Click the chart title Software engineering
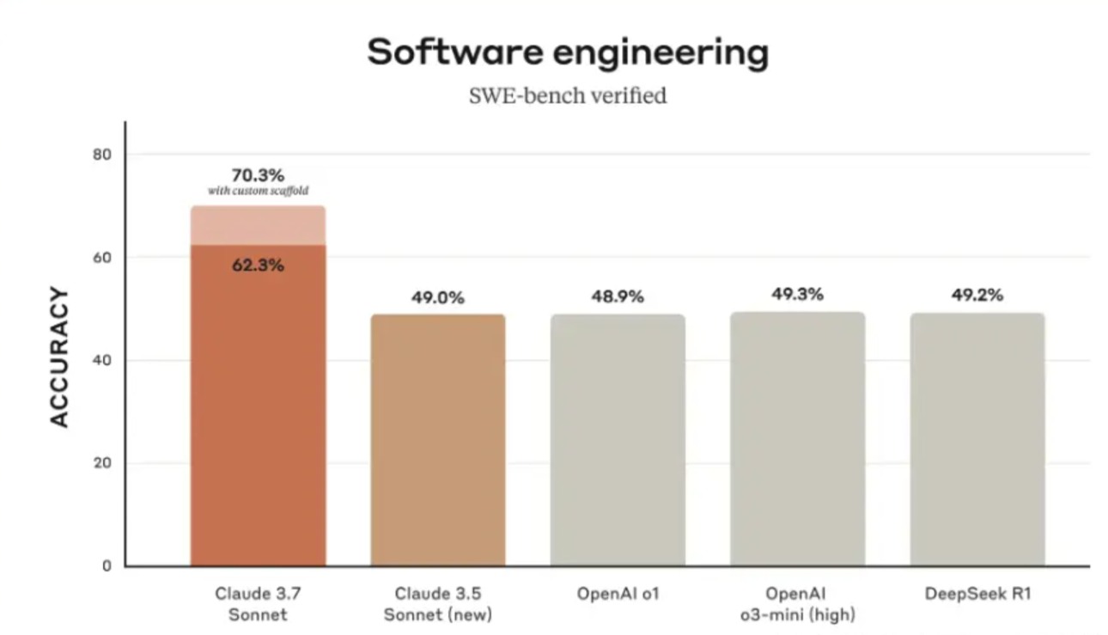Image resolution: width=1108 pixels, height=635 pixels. tap(567, 53)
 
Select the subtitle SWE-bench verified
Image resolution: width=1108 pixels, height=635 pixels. tap(567, 95)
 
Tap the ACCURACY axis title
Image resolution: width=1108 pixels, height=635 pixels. tap(58, 357)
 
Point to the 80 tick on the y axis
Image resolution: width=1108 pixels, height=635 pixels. tap(103, 155)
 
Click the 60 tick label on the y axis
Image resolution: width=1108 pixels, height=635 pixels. tap(103, 258)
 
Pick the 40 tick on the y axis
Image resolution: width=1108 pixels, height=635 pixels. tap(103, 360)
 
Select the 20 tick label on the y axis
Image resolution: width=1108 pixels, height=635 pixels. tap(103, 463)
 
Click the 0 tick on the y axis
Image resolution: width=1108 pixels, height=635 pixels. tap(107, 566)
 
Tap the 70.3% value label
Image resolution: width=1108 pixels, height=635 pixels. tap(258, 175)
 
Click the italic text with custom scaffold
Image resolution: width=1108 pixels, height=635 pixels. tap(258, 190)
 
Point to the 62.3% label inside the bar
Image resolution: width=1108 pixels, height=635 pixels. tap(258, 266)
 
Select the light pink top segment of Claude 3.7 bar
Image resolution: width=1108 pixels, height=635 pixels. tap(258, 225)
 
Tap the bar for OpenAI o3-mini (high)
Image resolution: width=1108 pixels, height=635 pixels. tap(797, 438)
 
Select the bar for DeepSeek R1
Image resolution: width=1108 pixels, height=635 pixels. tap(977, 439)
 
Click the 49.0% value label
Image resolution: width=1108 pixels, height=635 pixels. tap(438, 298)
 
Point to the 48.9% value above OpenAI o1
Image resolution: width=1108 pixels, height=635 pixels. tap(618, 296)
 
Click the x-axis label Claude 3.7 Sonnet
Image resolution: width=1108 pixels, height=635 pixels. tap(258, 604)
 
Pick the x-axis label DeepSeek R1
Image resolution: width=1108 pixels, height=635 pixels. tap(977, 594)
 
